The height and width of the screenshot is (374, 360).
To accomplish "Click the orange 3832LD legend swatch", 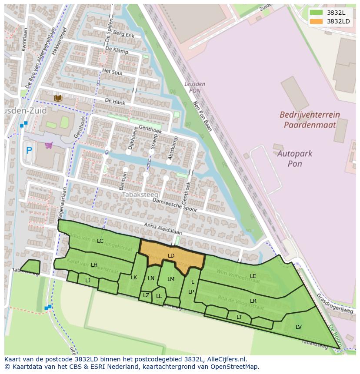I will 316,21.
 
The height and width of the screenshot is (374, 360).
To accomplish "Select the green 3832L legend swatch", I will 316,13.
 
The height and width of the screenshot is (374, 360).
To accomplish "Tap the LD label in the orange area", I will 171,256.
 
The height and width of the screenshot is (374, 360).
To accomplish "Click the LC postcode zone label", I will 100,241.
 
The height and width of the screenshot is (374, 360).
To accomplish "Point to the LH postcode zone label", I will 94,265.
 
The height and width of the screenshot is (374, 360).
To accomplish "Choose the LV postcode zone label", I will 298,327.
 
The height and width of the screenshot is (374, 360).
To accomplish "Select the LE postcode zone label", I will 253,276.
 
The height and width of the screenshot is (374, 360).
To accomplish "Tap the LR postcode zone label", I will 253,301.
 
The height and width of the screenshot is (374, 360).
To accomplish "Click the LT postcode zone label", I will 239,317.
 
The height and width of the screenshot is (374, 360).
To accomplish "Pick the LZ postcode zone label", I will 146,295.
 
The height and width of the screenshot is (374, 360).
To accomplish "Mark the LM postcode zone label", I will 170,279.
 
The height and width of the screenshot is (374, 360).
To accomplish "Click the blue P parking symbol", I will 29,151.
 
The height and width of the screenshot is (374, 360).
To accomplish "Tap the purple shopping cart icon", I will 49,145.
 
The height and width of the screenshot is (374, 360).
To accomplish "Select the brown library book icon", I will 58,99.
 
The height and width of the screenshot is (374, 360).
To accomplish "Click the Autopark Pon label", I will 295,159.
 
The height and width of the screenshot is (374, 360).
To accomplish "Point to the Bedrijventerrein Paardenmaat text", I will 310,120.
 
